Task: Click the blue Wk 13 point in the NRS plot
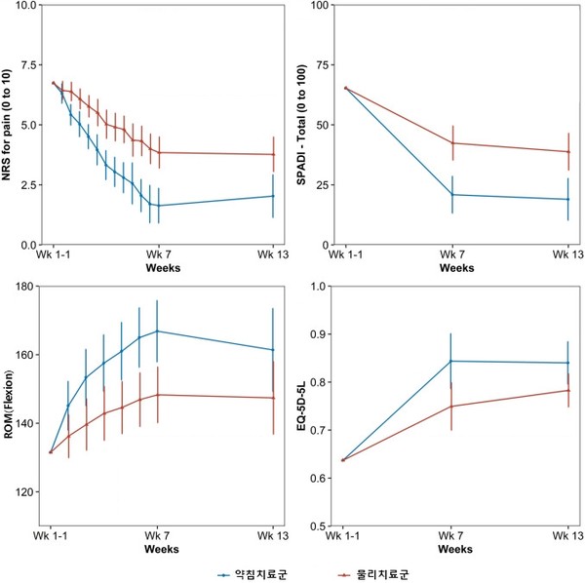click(x=273, y=196)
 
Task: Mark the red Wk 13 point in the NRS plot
click(x=273, y=154)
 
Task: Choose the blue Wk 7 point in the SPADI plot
click(x=452, y=195)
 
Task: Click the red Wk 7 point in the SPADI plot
click(x=452, y=143)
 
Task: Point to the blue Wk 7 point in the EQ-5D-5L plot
click(x=452, y=362)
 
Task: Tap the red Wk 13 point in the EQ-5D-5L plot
click(x=567, y=391)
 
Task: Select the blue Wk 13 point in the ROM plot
click(x=273, y=349)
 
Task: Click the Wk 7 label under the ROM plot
click(x=158, y=537)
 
